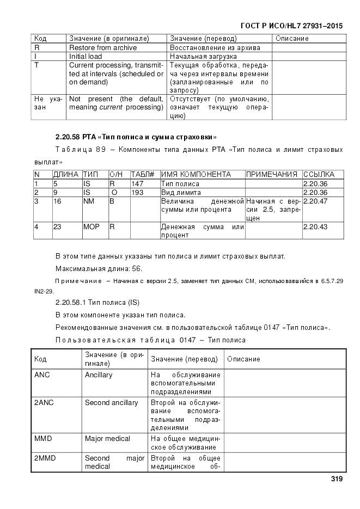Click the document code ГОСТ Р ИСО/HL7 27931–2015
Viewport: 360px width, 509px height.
click(x=291, y=26)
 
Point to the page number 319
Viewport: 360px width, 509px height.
click(x=336, y=479)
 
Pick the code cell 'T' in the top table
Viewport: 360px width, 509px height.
click(x=36, y=65)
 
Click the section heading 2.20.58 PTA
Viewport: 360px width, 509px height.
click(x=136, y=136)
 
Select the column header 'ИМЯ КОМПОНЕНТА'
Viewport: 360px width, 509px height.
click(x=196, y=174)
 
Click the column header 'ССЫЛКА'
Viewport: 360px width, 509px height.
click(x=322, y=174)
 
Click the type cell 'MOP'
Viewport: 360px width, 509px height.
click(x=91, y=226)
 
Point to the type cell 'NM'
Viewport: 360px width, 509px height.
click(x=88, y=201)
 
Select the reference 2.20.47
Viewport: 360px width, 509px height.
click(x=315, y=201)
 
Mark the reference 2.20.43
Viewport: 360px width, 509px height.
click(x=315, y=226)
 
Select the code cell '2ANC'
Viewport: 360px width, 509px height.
click(x=43, y=402)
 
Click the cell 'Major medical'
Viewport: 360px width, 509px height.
click(x=107, y=438)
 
